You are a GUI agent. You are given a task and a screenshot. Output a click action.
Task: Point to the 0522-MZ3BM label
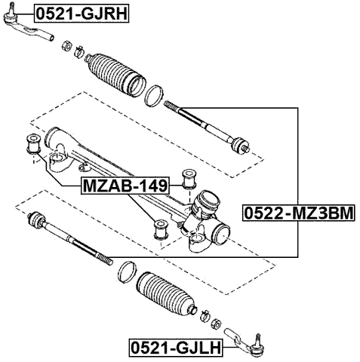(x=297, y=214)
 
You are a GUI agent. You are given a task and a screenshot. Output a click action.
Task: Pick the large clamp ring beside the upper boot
(x=155, y=96)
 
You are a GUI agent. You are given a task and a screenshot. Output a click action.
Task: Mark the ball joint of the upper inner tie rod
(x=239, y=143)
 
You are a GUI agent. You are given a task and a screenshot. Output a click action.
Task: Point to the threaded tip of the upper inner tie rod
(x=171, y=107)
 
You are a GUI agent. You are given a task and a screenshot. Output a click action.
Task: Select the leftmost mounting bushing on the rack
(x=33, y=143)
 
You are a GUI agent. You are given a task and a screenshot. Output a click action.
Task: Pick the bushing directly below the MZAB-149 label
(x=160, y=227)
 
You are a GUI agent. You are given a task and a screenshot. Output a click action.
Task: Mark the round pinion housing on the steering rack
(x=206, y=204)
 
